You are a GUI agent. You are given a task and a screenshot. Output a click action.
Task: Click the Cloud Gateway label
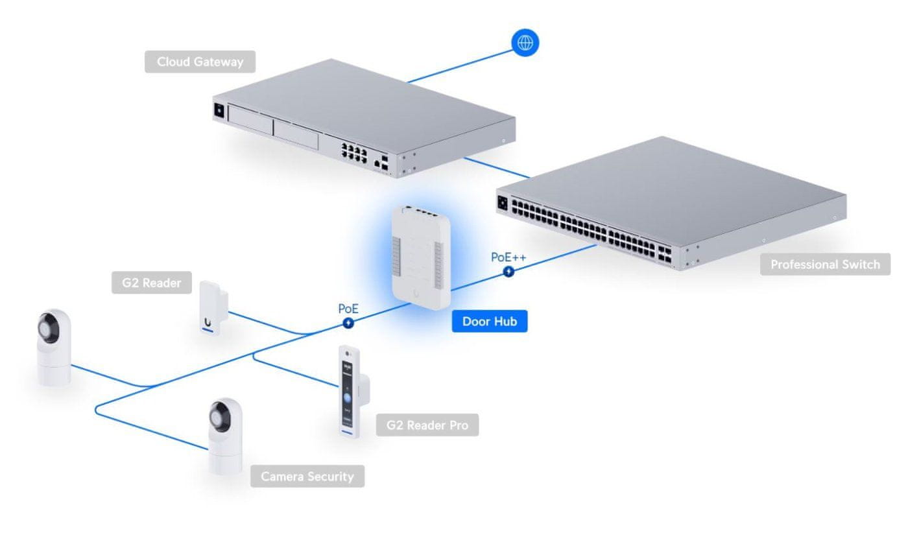click(x=200, y=62)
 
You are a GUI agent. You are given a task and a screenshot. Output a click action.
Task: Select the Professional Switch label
click(x=825, y=265)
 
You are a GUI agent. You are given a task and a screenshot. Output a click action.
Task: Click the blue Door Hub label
click(x=490, y=321)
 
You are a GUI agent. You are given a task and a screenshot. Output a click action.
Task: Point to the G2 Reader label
click(x=151, y=283)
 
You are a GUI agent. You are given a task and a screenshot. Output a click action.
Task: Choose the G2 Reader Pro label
click(x=427, y=425)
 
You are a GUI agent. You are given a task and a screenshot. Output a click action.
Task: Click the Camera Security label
click(x=307, y=477)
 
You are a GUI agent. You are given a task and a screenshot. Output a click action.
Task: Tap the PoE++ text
click(x=508, y=257)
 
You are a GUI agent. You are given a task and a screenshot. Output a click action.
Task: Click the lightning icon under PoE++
click(x=508, y=272)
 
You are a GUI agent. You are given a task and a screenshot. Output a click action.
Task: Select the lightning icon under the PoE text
click(x=348, y=322)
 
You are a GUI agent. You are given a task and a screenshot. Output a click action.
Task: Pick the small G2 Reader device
click(x=212, y=307)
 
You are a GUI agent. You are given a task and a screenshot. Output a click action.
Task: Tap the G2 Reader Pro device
click(x=349, y=392)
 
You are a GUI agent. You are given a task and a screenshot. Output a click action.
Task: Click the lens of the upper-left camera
click(x=48, y=324)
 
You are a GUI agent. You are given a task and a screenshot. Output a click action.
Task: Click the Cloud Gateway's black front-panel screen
click(x=219, y=110)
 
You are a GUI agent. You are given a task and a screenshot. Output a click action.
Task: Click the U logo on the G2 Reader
click(x=207, y=321)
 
